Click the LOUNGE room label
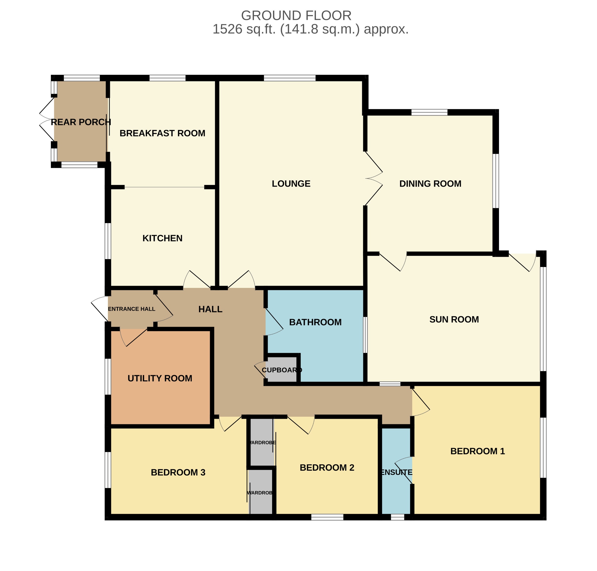click(x=291, y=184)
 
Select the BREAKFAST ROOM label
click(x=162, y=133)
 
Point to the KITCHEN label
click(x=162, y=238)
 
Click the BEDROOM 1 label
click(x=477, y=451)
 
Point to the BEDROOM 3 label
click(x=178, y=472)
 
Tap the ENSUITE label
click(x=397, y=472)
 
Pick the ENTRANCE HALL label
click(x=131, y=309)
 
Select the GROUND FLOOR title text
click(x=296, y=15)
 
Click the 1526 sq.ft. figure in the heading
click(x=244, y=29)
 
